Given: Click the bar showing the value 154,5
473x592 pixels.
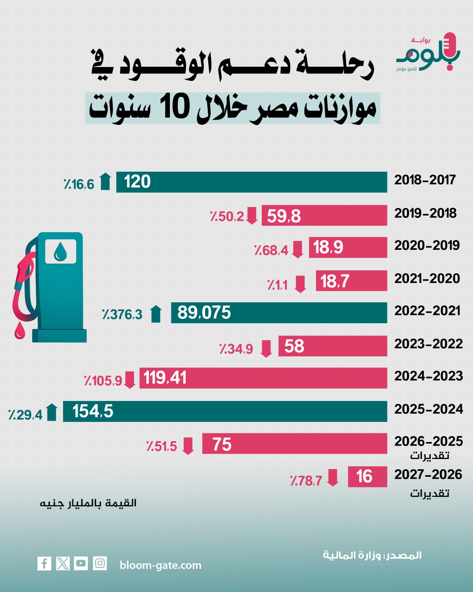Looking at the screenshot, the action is pos(225,411).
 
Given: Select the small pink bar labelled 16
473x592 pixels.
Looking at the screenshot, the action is pos(367,476).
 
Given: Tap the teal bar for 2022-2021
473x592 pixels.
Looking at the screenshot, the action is pos(279,313).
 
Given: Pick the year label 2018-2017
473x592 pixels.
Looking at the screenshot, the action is pos(425,180).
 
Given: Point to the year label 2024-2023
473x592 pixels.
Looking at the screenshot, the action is pos(428,376).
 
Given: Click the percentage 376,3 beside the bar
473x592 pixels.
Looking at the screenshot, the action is pos(122,314).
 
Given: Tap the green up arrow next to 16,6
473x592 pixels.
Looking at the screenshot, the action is pos(105,181).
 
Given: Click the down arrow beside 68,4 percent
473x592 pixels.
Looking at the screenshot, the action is pos(297,249).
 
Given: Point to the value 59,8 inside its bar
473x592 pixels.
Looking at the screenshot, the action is pos(284,216).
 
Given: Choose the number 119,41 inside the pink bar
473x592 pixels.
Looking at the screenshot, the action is pos(165,377).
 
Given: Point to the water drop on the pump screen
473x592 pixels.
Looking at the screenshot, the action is pos(60,251).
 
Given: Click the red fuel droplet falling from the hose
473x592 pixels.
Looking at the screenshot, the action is pos(20,330).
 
